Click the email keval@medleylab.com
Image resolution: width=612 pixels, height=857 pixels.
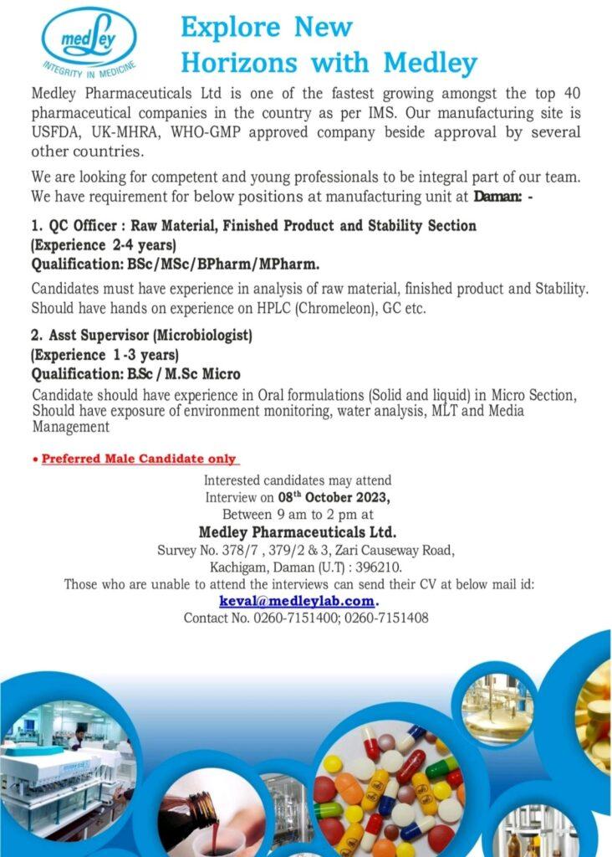pos(297,601)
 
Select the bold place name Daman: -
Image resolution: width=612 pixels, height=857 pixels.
pos(509,198)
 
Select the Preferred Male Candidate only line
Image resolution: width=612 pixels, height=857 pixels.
pos(139,459)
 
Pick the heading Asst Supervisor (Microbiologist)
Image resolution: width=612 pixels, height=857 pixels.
pos(150,336)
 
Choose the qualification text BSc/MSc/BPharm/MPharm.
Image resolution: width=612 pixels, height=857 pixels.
pos(222,265)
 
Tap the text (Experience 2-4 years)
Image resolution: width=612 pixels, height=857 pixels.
pos(104,245)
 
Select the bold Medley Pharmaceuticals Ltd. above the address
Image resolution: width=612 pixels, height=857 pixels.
pos(297,531)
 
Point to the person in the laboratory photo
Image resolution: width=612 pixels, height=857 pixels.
pos(78,737)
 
